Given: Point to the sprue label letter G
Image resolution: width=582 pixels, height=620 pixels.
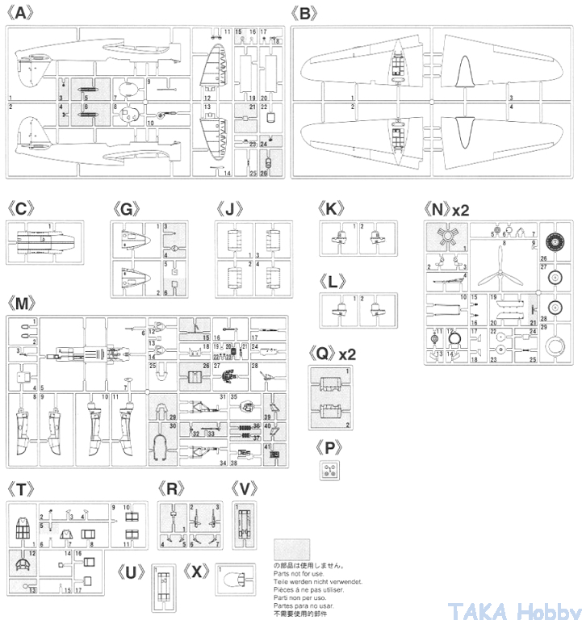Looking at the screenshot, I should pyautogui.click(x=128, y=208).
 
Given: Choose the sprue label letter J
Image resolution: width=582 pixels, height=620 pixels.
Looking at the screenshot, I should pyautogui.click(x=230, y=208).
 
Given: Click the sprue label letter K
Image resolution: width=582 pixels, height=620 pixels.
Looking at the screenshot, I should pyautogui.click(x=332, y=208).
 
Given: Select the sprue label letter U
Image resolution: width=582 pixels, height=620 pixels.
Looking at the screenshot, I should pyautogui.click(x=132, y=572).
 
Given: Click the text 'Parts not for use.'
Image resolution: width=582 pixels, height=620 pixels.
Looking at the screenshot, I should pyautogui.click(x=297, y=574).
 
